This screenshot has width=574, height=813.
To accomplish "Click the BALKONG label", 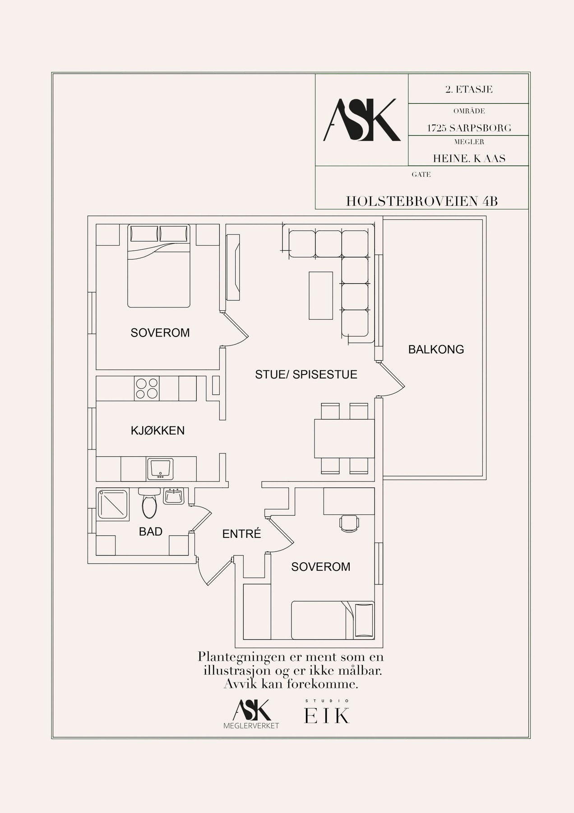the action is [436, 349].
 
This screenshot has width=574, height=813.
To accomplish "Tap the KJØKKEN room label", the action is [157, 430].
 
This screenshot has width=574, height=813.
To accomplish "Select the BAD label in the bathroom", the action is [151, 532].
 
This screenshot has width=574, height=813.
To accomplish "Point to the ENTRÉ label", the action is [242, 534].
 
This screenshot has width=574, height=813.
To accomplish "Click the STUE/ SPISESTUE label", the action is [306, 374].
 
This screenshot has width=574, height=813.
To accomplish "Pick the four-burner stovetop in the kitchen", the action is [147, 388].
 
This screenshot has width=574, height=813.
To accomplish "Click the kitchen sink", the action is [160, 469].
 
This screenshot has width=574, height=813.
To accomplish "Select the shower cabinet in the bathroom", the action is [113, 504].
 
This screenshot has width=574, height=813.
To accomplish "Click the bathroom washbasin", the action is [174, 496].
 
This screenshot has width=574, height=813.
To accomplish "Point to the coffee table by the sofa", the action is [321, 295].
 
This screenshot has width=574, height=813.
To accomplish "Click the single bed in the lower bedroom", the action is [333, 620].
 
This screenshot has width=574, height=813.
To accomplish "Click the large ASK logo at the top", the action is [362, 120].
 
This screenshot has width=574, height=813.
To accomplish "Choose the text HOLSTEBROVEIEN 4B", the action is [422, 201].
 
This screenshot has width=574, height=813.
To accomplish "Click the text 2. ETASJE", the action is [469, 89].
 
